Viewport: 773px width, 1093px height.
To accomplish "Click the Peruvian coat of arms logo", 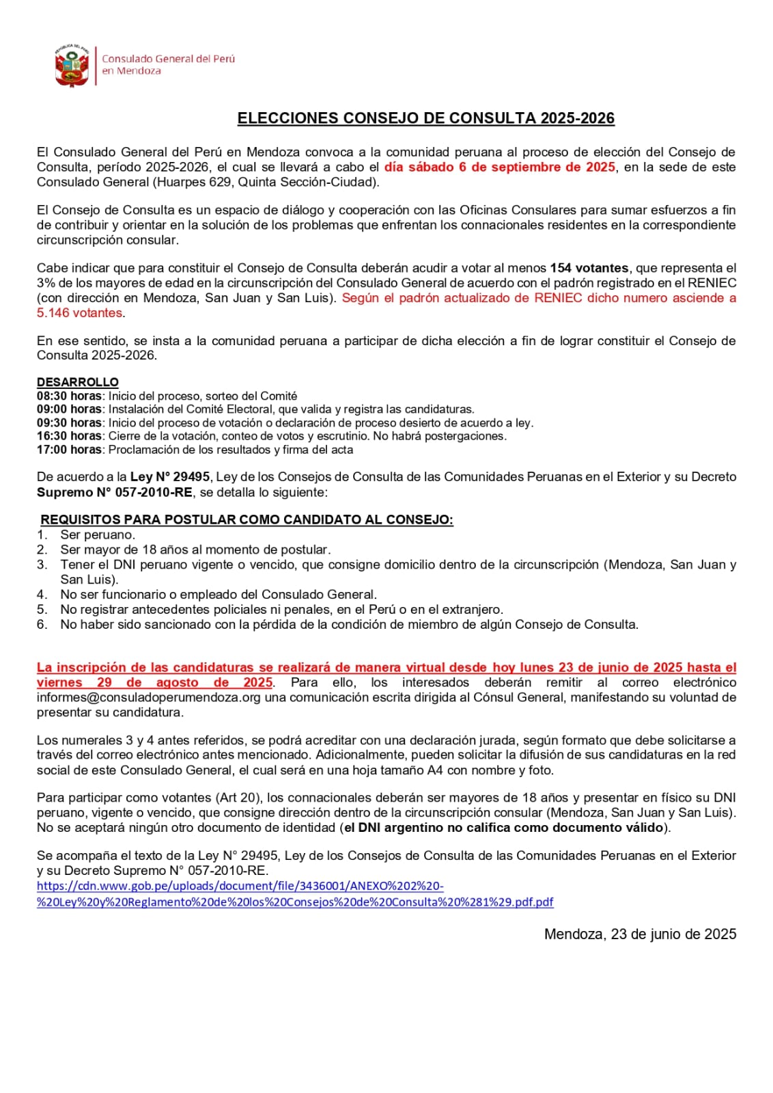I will pos(72,66).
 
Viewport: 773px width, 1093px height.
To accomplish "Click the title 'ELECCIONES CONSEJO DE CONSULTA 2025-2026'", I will pos(425,118).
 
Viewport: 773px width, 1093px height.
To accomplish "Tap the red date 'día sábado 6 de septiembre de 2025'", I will pos(499,167).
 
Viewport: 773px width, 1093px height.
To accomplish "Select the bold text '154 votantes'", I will pos(589,268).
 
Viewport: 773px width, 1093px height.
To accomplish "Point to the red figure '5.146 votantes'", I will pos(79,313).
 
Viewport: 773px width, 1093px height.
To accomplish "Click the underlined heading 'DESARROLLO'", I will pos(77,382).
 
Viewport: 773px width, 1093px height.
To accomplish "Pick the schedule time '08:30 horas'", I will pos(69,396).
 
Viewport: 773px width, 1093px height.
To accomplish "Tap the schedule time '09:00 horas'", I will pos(69,409).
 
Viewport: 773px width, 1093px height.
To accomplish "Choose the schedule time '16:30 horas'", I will pos(69,436).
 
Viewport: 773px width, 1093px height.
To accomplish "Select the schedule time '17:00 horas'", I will pos(69,450).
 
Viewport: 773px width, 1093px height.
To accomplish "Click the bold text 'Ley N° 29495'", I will pos(169,477).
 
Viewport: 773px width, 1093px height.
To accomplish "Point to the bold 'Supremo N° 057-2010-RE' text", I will pos(115,492).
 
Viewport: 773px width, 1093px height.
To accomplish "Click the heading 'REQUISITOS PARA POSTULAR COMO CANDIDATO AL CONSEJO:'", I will pos(247,519).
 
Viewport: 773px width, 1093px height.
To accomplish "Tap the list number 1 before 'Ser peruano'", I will pos(42,535).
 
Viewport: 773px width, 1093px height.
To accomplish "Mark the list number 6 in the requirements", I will pos(42,624).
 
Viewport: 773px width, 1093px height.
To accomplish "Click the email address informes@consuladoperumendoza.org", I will pos(149,697).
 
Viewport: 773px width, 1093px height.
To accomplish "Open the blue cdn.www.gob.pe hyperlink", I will pos(294,894).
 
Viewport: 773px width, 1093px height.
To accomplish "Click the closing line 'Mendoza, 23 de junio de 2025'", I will pos(640,934).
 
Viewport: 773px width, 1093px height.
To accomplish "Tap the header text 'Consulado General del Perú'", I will pos(168,59).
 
